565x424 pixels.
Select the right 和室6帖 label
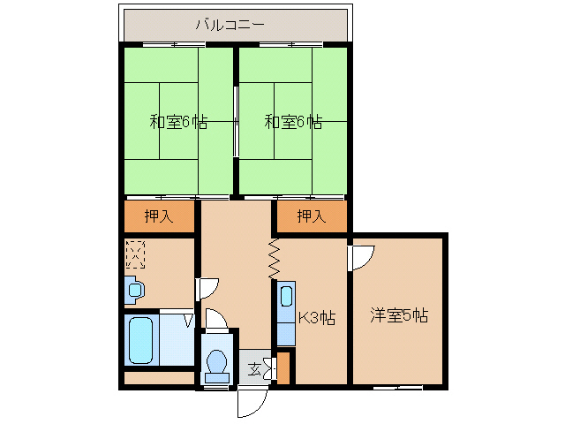click(x=293, y=122)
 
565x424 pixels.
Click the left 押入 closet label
click(x=159, y=216)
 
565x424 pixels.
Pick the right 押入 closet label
click(x=310, y=216)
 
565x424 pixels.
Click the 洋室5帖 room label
click(x=399, y=314)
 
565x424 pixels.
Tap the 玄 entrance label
click(x=254, y=368)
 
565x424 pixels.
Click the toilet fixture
click(x=216, y=363)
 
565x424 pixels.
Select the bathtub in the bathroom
click(x=142, y=340)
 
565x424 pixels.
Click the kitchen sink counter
click(x=286, y=314)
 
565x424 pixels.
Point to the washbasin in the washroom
click(x=133, y=289)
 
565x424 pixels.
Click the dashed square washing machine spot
click(x=135, y=254)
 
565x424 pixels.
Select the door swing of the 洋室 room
click(x=362, y=257)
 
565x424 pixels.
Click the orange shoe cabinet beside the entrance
click(x=282, y=368)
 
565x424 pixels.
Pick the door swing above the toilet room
click(x=217, y=320)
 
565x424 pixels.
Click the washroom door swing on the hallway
click(x=207, y=289)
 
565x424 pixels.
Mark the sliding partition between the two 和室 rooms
click(x=236, y=122)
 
